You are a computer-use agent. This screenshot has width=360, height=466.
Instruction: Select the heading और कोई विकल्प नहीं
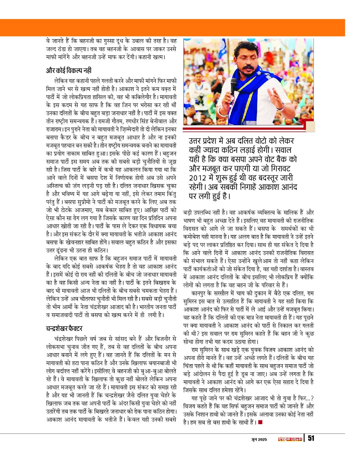click(x=69, y=71)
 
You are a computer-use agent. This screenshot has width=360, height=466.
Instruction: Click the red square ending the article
click(x=260, y=423)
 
